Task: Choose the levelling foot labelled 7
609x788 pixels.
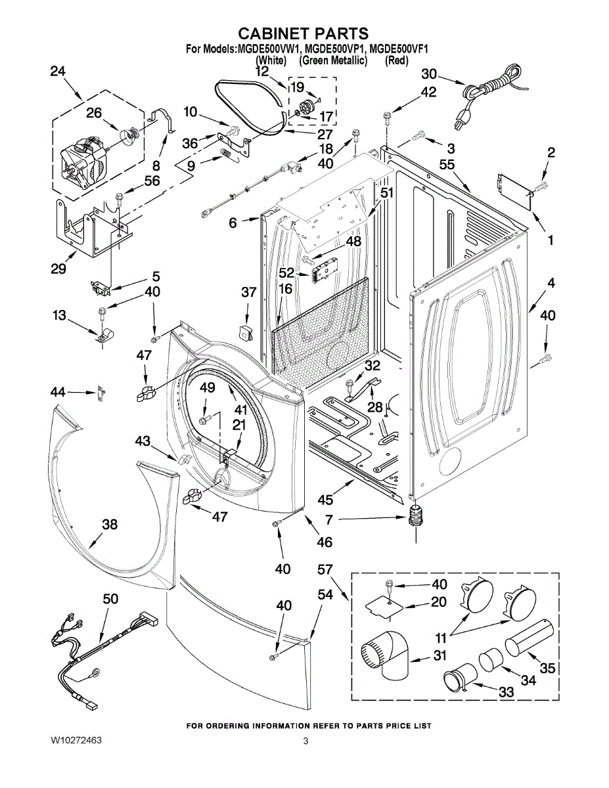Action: click(x=414, y=519)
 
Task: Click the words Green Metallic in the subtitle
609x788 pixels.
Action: click(x=332, y=60)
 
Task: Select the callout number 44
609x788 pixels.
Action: click(x=58, y=392)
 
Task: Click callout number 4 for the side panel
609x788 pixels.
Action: click(x=551, y=283)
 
